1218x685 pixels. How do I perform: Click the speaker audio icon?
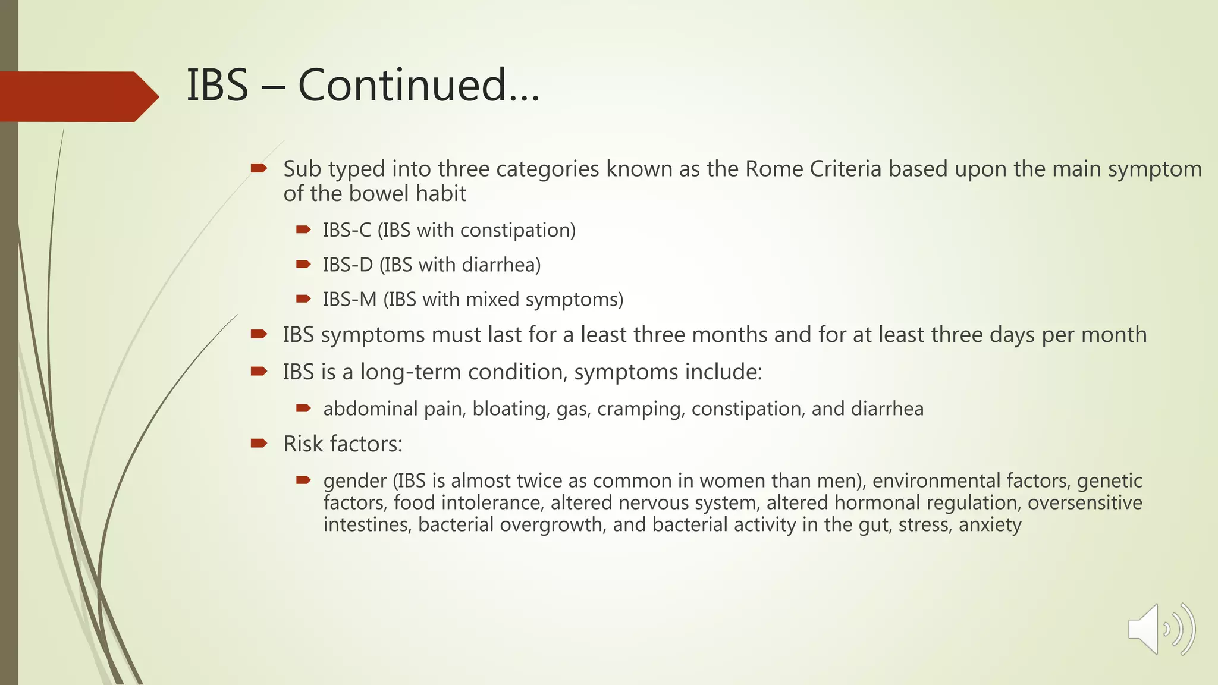[1160, 629]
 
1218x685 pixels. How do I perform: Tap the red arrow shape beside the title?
[77, 96]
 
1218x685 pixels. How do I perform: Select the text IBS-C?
[347, 230]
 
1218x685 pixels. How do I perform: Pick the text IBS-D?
[347, 265]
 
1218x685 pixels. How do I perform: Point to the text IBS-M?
[350, 299]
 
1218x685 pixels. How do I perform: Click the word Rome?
[774, 169]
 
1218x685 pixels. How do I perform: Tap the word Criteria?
[845, 169]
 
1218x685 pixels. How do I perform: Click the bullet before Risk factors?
[259, 443]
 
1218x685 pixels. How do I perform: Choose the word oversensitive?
[1085, 503]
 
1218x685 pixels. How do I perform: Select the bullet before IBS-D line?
[303, 264]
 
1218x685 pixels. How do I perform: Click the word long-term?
[410, 372]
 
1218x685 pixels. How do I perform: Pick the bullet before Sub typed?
[259, 169]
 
